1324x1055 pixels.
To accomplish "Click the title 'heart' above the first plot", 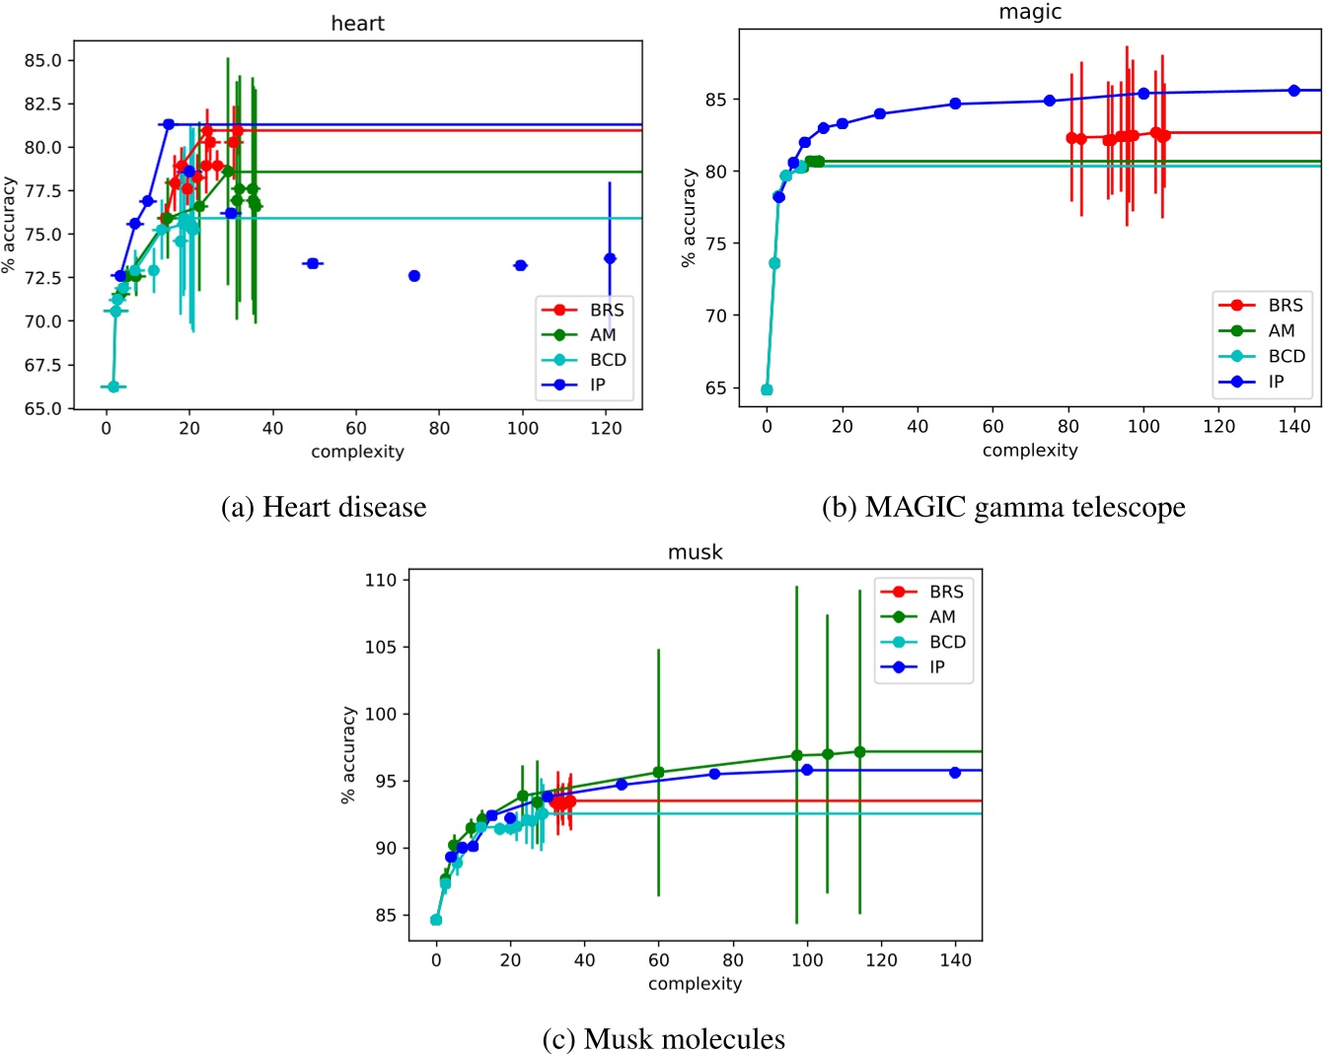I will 357,24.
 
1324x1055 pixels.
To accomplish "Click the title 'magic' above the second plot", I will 1030,12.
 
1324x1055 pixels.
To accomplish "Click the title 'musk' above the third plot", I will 695,552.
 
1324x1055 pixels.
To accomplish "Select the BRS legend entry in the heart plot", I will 607,310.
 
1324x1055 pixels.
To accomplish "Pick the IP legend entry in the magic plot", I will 1276,382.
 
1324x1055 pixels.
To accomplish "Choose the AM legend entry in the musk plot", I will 942,616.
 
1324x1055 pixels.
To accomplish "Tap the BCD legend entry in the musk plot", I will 947,642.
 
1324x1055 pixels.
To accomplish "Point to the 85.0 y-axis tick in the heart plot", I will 42,60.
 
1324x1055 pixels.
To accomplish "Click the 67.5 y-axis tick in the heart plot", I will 42,365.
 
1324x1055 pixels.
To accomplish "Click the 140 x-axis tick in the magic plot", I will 1293,426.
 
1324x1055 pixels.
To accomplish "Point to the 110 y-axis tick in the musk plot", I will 381,580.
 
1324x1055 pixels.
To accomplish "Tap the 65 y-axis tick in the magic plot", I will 715,388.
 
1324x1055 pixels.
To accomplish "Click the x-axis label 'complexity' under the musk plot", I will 695,983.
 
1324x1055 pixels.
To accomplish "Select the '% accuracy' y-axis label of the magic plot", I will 688,218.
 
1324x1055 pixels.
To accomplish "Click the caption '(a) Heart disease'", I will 324,507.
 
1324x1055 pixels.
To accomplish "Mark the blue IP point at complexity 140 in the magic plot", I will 1293,91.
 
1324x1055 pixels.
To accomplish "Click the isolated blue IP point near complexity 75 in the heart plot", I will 414,276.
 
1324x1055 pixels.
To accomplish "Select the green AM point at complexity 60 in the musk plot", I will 658,772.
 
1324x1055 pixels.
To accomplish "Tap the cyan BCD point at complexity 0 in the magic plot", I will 767,390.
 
